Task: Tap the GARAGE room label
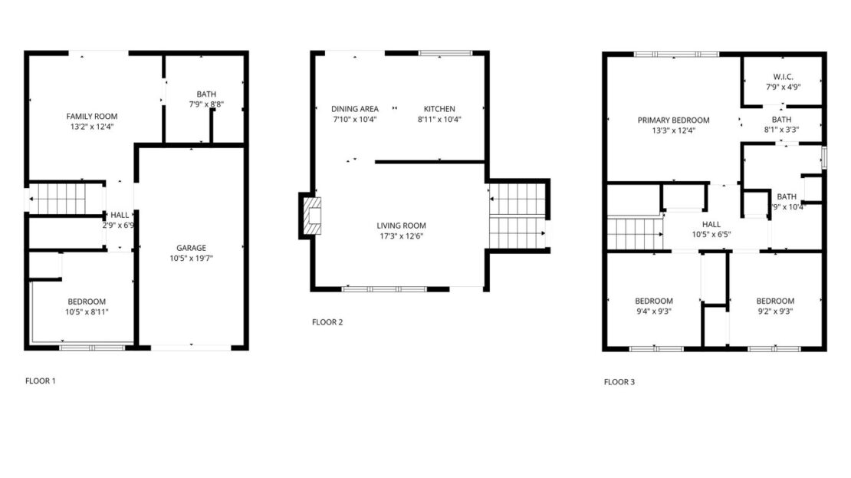pos(191,248)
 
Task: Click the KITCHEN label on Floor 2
pos(439,109)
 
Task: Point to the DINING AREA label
pos(355,109)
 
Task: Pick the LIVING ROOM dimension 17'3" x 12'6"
pos(401,236)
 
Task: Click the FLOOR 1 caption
pos(41,381)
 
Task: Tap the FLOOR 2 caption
pos(327,322)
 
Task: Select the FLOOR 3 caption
pos(619,381)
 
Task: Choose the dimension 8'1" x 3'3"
pos(782,130)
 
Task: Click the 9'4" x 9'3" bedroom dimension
pos(654,311)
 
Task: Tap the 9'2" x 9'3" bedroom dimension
pos(775,311)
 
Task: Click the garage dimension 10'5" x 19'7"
pos(191,258)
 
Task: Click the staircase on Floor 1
pos(58,199)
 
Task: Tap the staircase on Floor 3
pos(635,234)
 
